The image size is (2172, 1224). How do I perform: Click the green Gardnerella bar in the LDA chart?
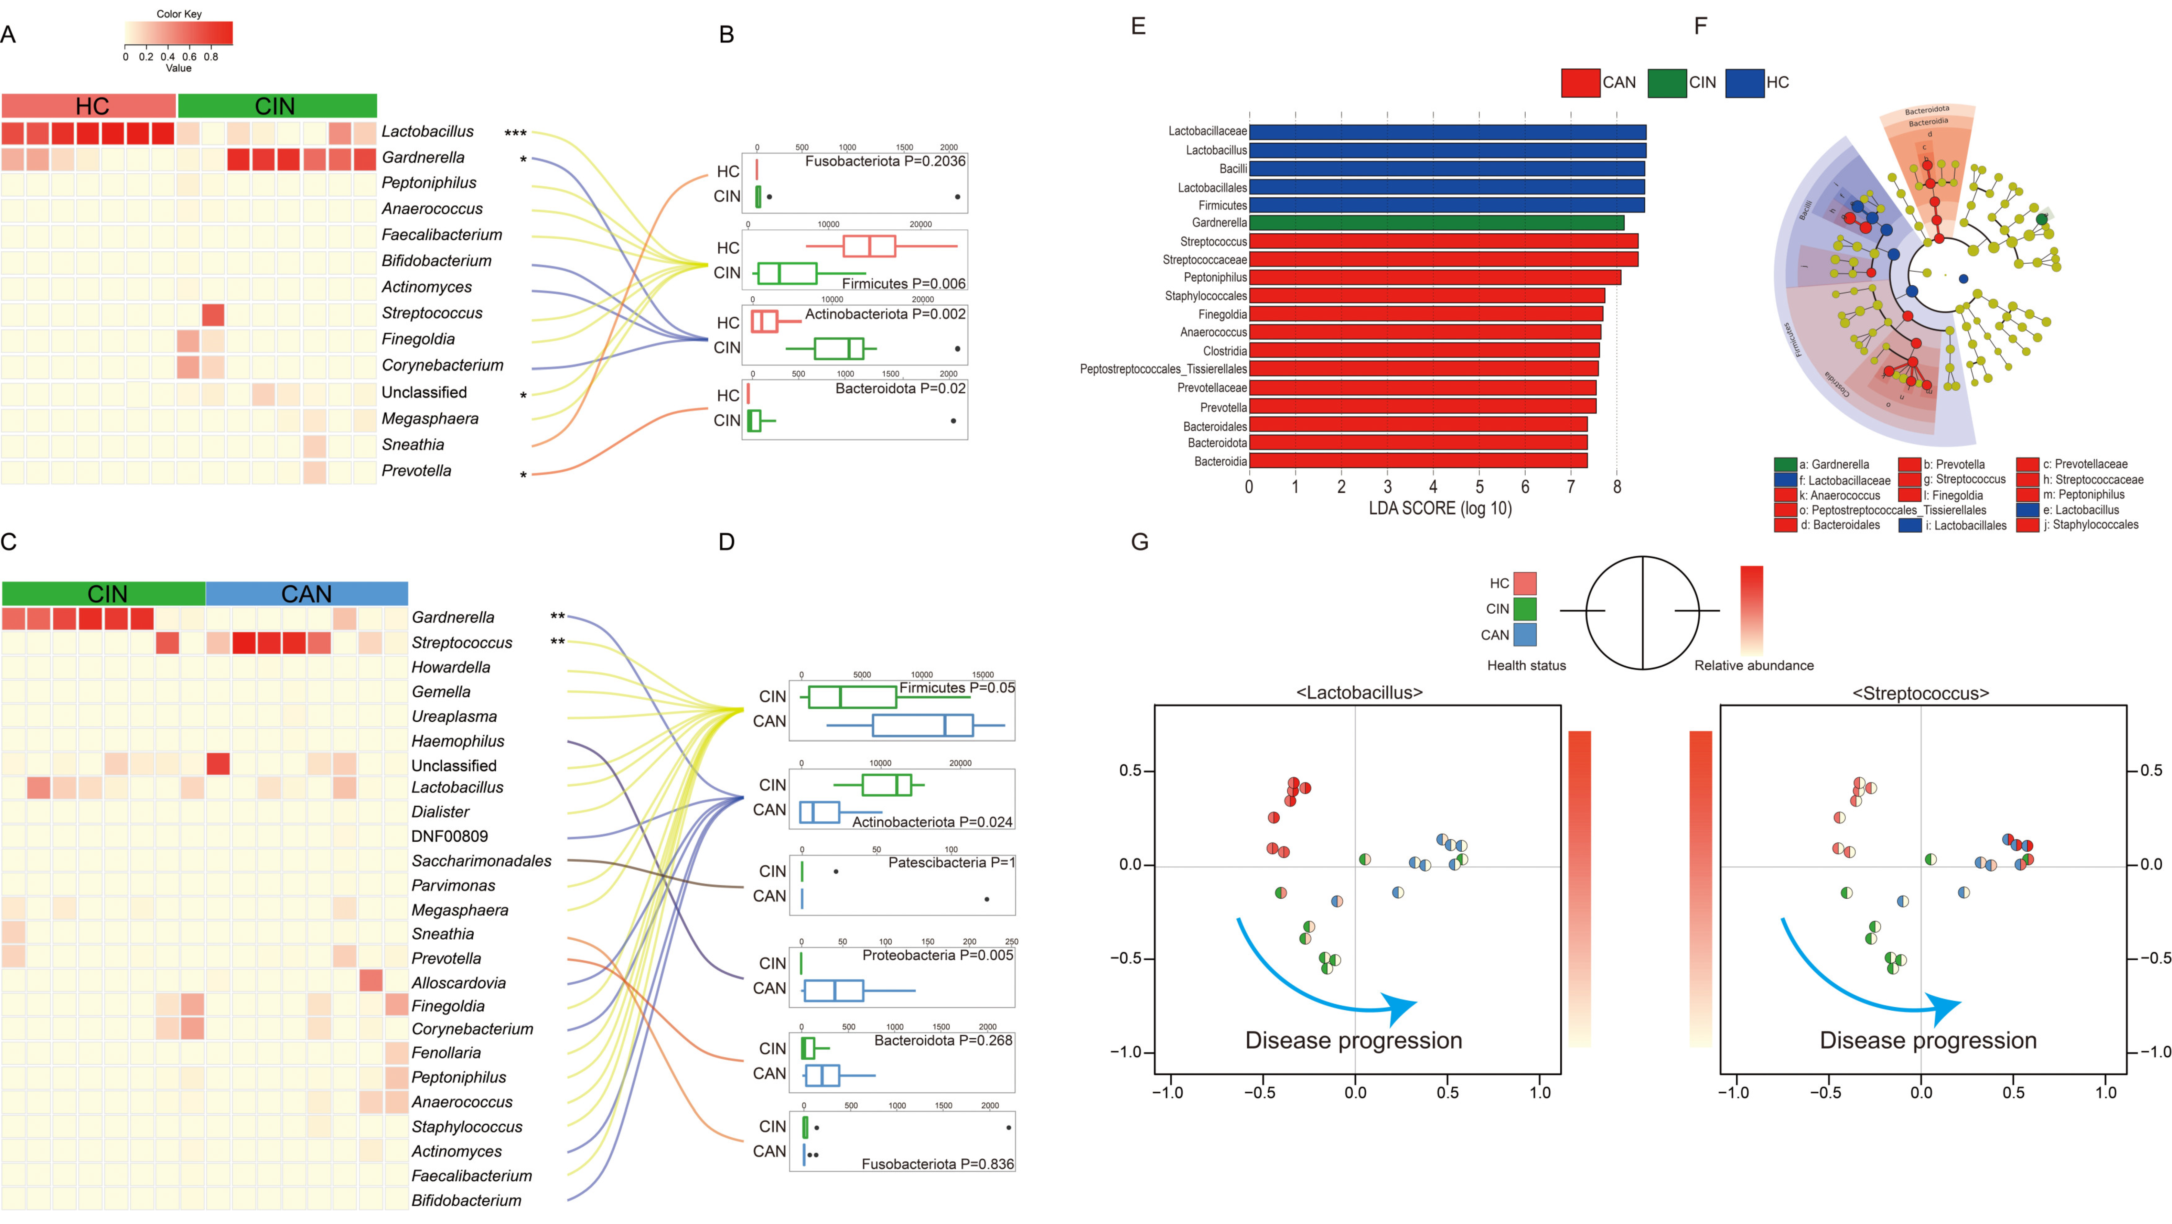point(1436,222)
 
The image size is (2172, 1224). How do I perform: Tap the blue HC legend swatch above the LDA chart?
point(1744,83)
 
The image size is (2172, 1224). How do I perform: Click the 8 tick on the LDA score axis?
point(1616,487)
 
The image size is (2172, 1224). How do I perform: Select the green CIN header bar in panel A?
point(277,106)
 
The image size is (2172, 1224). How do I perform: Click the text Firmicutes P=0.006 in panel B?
point(903,283)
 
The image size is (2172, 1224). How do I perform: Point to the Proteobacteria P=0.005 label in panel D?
point(937,955)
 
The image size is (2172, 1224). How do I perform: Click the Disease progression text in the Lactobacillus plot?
point(1353,1040)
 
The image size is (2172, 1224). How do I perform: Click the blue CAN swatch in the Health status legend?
point(1525,635)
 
